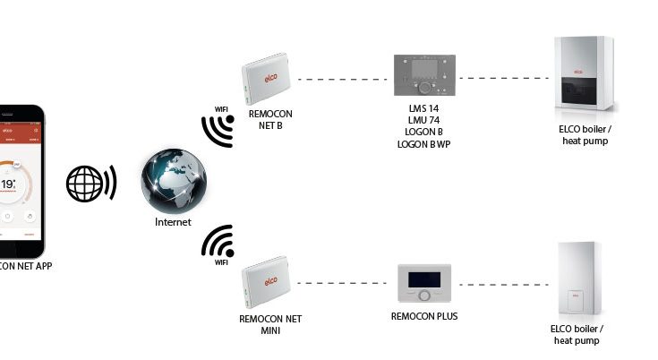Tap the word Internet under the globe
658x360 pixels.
167,221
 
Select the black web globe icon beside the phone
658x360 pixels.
90,184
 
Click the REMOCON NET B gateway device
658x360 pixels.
268,78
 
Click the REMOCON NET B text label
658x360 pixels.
270,120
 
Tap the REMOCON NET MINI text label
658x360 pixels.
270,323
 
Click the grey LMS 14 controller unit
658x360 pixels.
423,76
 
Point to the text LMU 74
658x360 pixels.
423,120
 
